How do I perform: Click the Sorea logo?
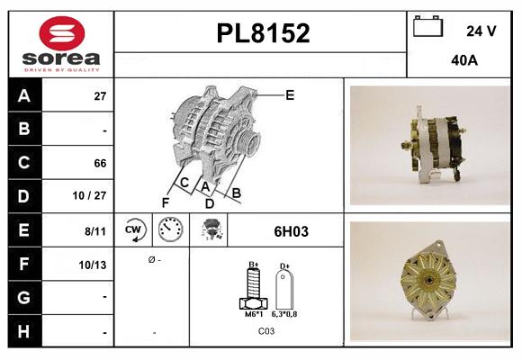[60, 45]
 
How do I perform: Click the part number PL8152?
[263, 33]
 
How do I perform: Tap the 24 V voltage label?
[481, 31]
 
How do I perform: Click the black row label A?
[23, 95]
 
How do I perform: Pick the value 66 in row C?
[100, 163]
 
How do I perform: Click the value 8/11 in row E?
[95, 230]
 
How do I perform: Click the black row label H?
[23, 331]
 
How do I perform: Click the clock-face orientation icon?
[171, 230]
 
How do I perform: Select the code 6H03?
[291, 231]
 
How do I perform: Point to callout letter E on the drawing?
[289, 94]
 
